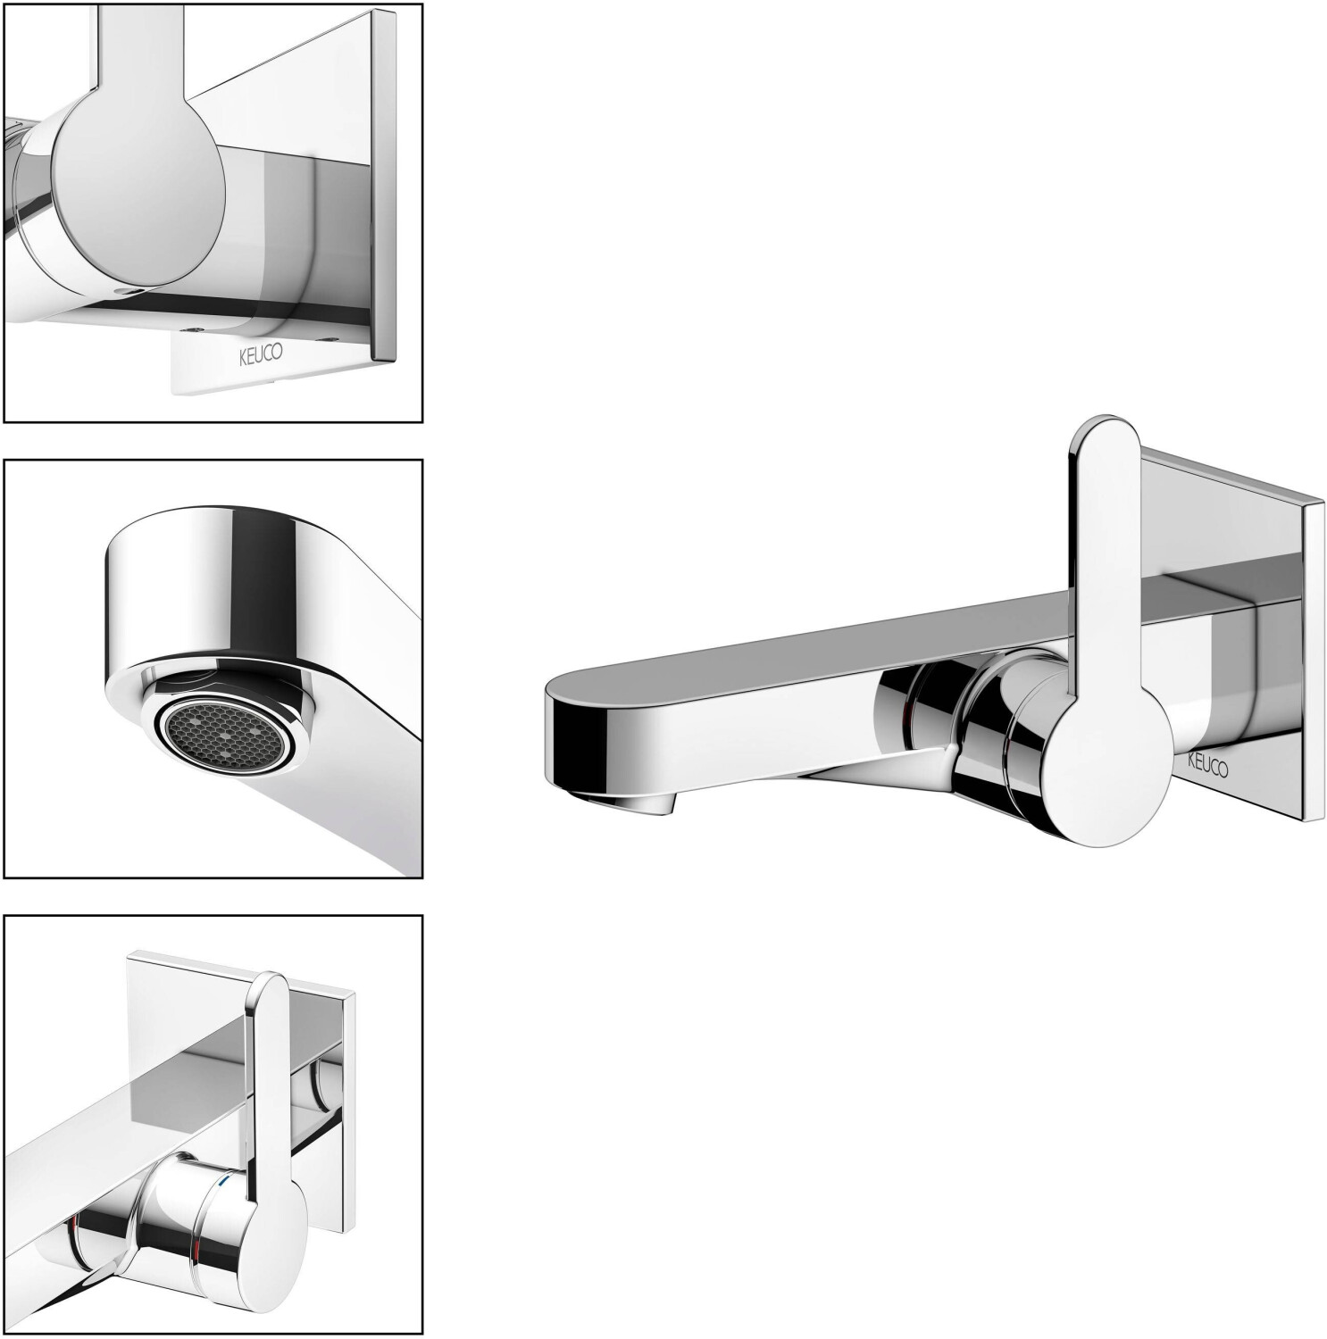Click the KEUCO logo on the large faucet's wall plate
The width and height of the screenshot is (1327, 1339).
tap(1206, 765)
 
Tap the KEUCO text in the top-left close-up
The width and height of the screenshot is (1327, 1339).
tap(260, 353)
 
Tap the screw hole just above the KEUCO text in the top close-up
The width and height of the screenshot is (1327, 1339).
tap(193, 329)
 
